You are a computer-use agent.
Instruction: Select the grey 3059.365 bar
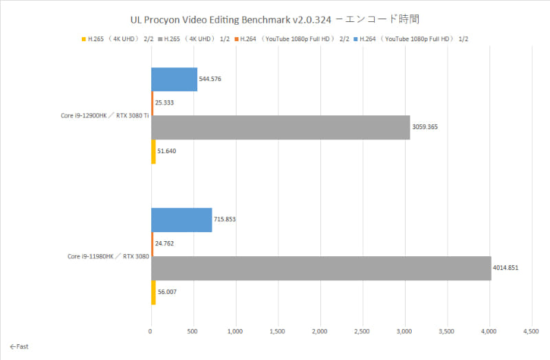(x=280, y=127)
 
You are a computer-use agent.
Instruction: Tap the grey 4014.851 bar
(x=321, y=268)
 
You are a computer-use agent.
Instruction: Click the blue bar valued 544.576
(x=175, y=79)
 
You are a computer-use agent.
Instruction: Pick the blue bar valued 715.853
(x=181, y=220)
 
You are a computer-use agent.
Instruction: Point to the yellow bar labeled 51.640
(x=153, y=151)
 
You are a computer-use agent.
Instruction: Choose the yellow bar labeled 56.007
(x=153, y=292)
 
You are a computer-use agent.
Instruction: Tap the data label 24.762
(x=166, y=244)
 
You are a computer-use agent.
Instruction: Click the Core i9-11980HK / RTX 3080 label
(x=108, y=256)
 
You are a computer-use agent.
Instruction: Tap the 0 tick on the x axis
(x=151, y=332)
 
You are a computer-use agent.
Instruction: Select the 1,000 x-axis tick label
(x=236, y=332)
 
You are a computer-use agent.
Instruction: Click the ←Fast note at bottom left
(x=19, y=347)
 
